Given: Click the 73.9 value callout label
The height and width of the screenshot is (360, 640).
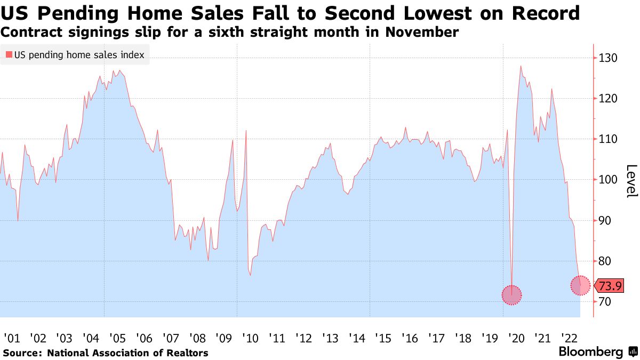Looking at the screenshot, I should [610, 286].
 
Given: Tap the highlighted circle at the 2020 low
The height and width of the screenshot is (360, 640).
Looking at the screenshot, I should [511, 295].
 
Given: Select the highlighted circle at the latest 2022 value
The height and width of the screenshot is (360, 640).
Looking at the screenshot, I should [580, 285].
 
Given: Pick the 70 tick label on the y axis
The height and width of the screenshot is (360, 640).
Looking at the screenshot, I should [606, 302].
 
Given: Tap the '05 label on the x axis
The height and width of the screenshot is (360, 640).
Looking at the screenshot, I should [117, 338].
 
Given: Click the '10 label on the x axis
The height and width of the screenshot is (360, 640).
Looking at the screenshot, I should [250, 338].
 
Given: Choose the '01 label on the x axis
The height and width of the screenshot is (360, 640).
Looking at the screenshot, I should [12, 338].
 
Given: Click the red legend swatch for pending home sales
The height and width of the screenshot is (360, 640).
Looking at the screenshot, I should [9, 55].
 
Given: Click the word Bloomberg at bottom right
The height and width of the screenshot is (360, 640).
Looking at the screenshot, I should [590, 352].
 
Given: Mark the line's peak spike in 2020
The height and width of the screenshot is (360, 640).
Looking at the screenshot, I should [521, 66].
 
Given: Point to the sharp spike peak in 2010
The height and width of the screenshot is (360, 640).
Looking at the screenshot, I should [246, 130].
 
